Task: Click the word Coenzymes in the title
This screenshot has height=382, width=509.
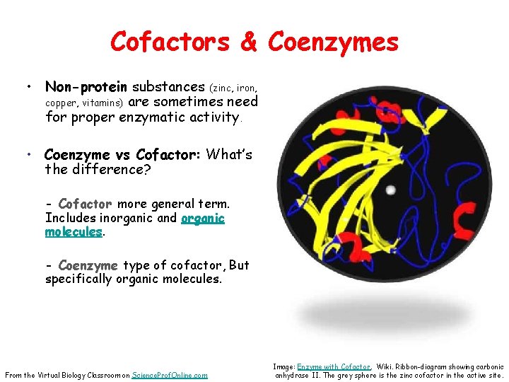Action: click(333, 42)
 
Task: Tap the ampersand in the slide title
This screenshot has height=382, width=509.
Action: click(249, 42)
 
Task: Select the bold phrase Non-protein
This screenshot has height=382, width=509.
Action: click(86, 87)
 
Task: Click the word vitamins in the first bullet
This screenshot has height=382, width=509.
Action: click(102, 103)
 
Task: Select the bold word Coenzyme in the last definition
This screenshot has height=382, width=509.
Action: click(88, 265)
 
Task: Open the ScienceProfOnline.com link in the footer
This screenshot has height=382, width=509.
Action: click(170, 375)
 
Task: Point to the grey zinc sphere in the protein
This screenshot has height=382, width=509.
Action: click(391, 190)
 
